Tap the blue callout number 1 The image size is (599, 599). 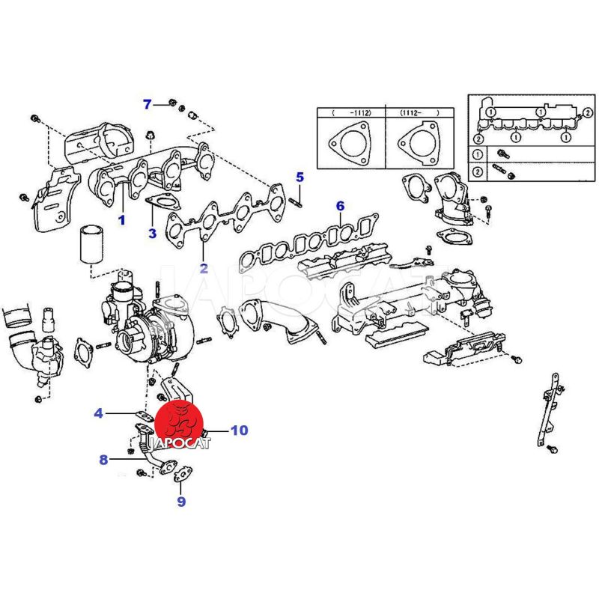(x=121, y=221)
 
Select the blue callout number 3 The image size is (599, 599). (x=152, y=233)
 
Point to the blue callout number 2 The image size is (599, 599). (x=203, y=267)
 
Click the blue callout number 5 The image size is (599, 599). (x=299, y=177)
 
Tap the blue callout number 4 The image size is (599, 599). (x=99, y=413)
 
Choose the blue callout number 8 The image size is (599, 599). (x=103, y=459)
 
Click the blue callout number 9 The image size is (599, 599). (x=181, y=501)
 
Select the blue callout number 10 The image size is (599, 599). (x=238, y=431)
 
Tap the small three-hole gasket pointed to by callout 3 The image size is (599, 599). (x=159, y=201)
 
